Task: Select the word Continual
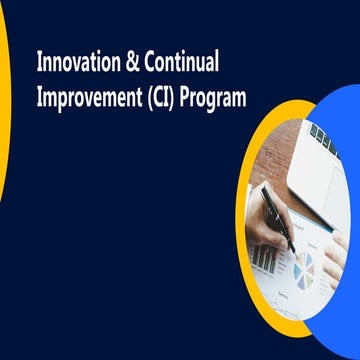pyautogui.click(x=182, y=61)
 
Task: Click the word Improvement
pyautogui.click(x=87, y=97)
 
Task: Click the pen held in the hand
pyautogui.click(x=276, y=215)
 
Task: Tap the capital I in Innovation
pyautogui.click(x=40, y=61)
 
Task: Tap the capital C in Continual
pyautogui.click(x=149, y=61)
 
